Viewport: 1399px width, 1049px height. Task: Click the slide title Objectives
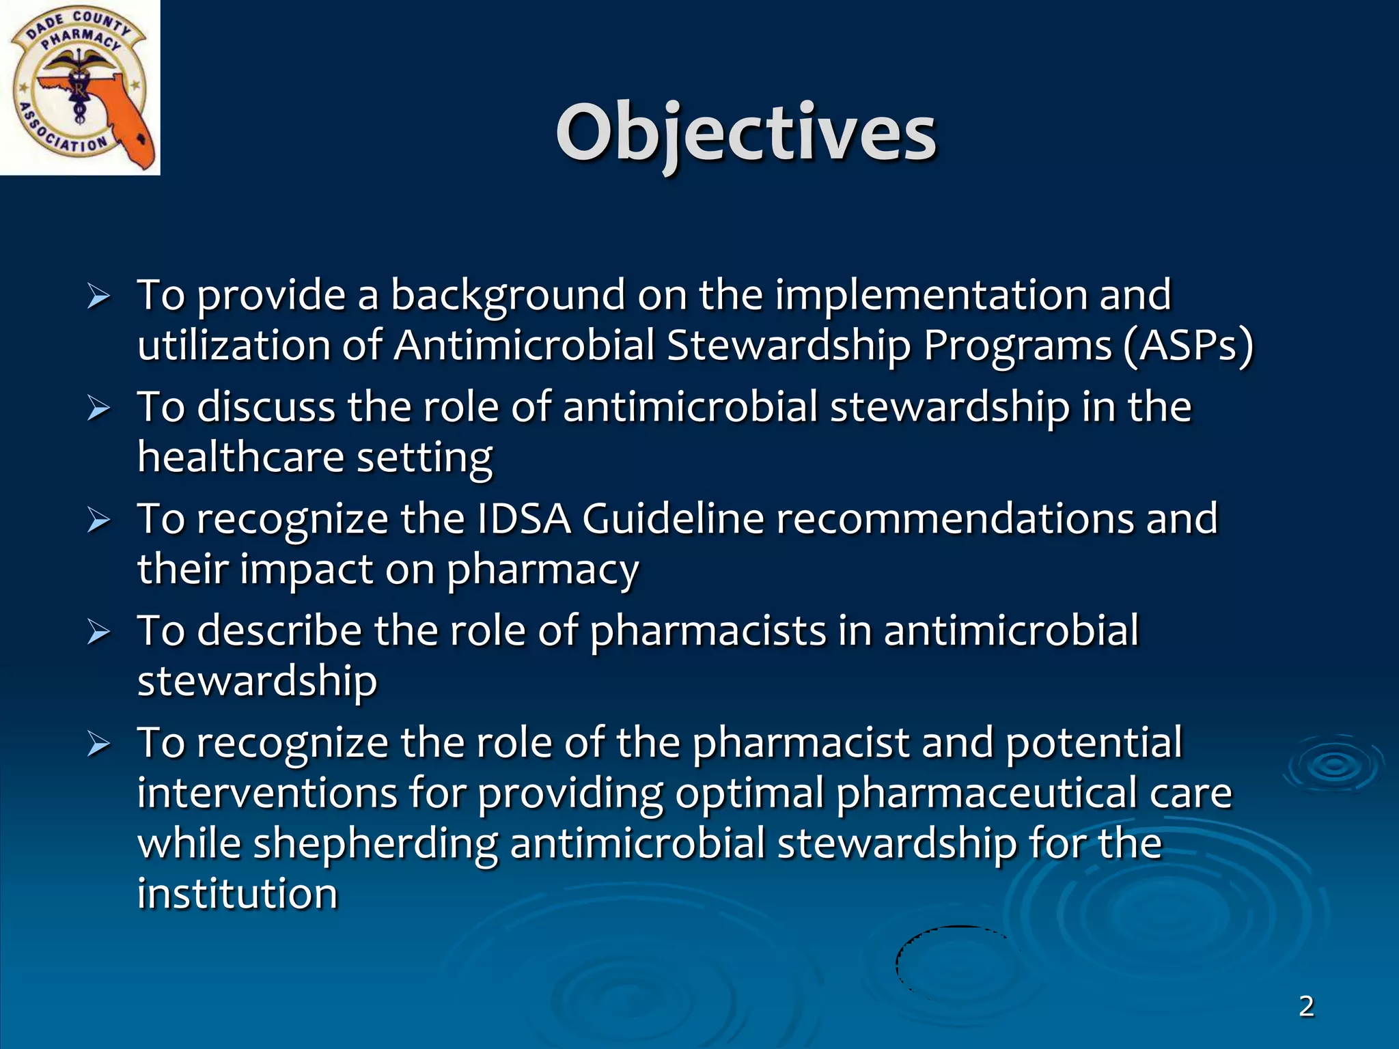(746, 133)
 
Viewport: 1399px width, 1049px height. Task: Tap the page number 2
(1306, 1006)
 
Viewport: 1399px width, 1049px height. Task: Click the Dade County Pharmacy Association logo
(80, 87)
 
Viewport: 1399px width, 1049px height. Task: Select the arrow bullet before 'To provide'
(99, 297)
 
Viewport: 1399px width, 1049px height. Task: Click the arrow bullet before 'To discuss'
(99, 409)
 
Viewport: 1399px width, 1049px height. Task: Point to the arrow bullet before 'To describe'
(99, 633)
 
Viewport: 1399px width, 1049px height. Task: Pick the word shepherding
(375, 843)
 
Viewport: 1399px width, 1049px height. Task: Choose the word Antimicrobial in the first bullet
(524, 345)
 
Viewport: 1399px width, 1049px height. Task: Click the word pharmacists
(708, 631)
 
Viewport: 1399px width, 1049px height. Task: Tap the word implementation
(930, 296)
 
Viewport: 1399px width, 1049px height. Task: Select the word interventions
(267, 794)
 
